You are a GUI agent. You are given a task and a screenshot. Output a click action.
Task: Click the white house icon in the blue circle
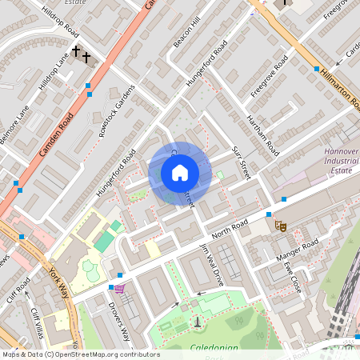coord(179,173)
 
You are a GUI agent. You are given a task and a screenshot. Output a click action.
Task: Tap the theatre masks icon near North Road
coord(281,226)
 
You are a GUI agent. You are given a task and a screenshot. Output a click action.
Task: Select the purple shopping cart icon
coord(119,288)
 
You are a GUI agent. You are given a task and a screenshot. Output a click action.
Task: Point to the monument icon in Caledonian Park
coord(198,322)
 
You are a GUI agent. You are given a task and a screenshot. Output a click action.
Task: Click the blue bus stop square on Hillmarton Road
coord(317,70)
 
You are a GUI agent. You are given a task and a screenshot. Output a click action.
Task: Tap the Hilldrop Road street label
coord(61,25)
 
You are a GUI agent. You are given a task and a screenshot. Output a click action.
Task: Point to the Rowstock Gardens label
coord(113,112)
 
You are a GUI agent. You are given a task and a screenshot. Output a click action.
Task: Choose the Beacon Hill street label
coord(184,34)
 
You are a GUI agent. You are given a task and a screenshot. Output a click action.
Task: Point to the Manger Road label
coord(297,250)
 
